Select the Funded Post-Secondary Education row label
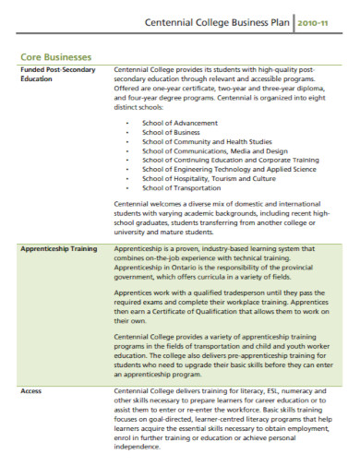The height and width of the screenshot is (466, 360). pos(57,75)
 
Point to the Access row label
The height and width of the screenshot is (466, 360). pos(32,392)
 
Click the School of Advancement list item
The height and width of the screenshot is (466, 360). pos(179,123)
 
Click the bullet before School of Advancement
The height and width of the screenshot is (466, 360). pos(126,123)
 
